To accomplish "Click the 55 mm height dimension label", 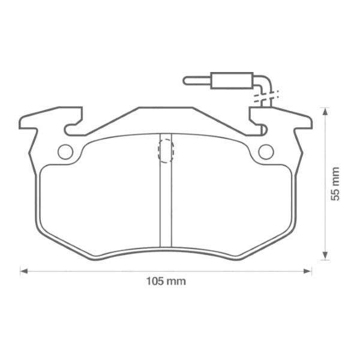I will pos(335,184).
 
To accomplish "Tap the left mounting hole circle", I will pos(65,151).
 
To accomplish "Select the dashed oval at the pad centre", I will pos(166,148).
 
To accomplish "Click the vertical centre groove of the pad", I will pos(166,204).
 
